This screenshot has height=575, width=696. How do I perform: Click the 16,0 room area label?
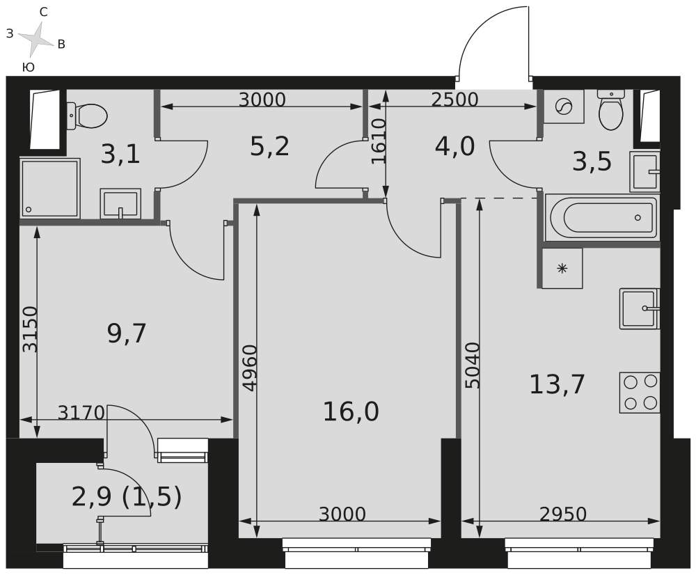351,411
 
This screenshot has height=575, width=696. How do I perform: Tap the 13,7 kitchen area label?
557,384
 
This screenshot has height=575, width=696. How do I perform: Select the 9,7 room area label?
127,333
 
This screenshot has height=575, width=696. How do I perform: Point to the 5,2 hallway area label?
269,146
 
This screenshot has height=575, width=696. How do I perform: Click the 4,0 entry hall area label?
455,146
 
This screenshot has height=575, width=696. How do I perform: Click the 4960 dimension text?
251,368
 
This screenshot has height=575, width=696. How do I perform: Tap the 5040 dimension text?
473,365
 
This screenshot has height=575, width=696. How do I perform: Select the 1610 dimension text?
379,141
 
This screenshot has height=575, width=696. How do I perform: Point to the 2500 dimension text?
455,100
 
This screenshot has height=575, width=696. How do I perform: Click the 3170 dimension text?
81,413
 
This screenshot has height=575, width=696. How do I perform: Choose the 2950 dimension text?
563,514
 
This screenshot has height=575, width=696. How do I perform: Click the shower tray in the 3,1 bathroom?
49,188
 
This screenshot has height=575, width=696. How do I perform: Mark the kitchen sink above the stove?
640,308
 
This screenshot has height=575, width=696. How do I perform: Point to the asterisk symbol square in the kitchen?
562,268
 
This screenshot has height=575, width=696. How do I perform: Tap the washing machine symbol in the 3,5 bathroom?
563,107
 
